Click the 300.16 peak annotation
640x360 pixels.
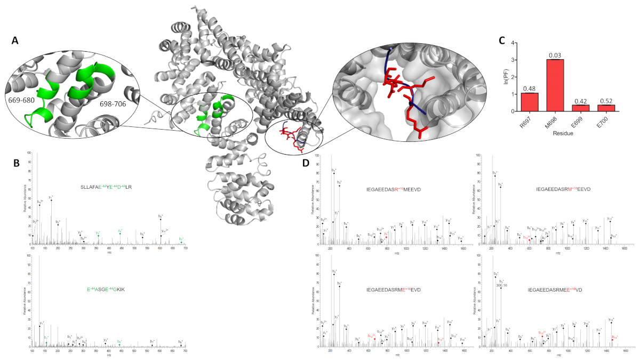click(x=501, y=285)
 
